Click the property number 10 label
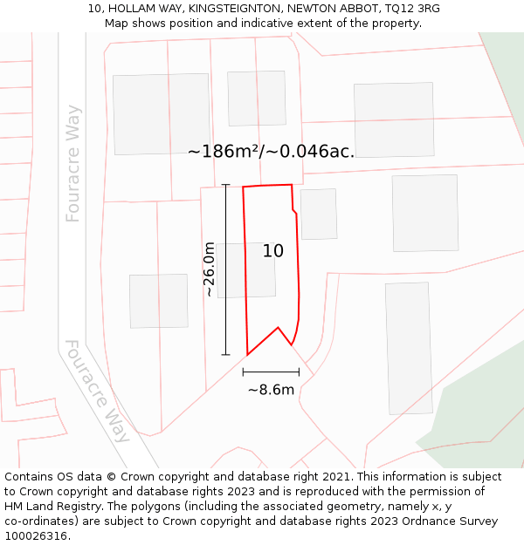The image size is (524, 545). (273, 251)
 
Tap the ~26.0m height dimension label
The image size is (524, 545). (210, 269)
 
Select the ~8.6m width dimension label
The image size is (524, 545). (271, 390)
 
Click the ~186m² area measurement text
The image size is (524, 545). (271, 151)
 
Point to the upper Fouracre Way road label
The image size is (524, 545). (73, 163)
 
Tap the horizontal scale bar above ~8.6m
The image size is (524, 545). (271, 371)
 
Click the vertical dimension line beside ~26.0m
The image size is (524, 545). (226, 269)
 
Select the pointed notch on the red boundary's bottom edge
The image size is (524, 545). (279, 329)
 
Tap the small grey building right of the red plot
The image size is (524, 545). (319, 214)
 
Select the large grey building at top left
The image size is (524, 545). (161, 113)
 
